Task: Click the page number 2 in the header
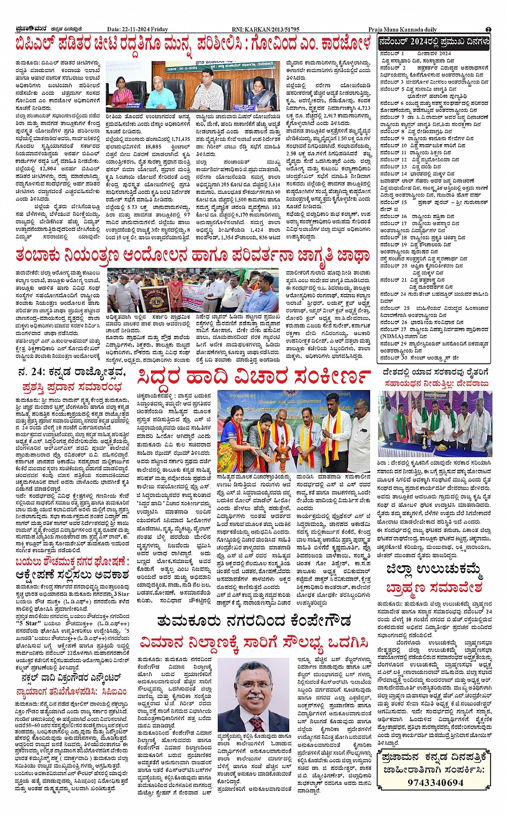488,29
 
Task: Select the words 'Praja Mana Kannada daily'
402,29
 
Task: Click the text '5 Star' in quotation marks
27,623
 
